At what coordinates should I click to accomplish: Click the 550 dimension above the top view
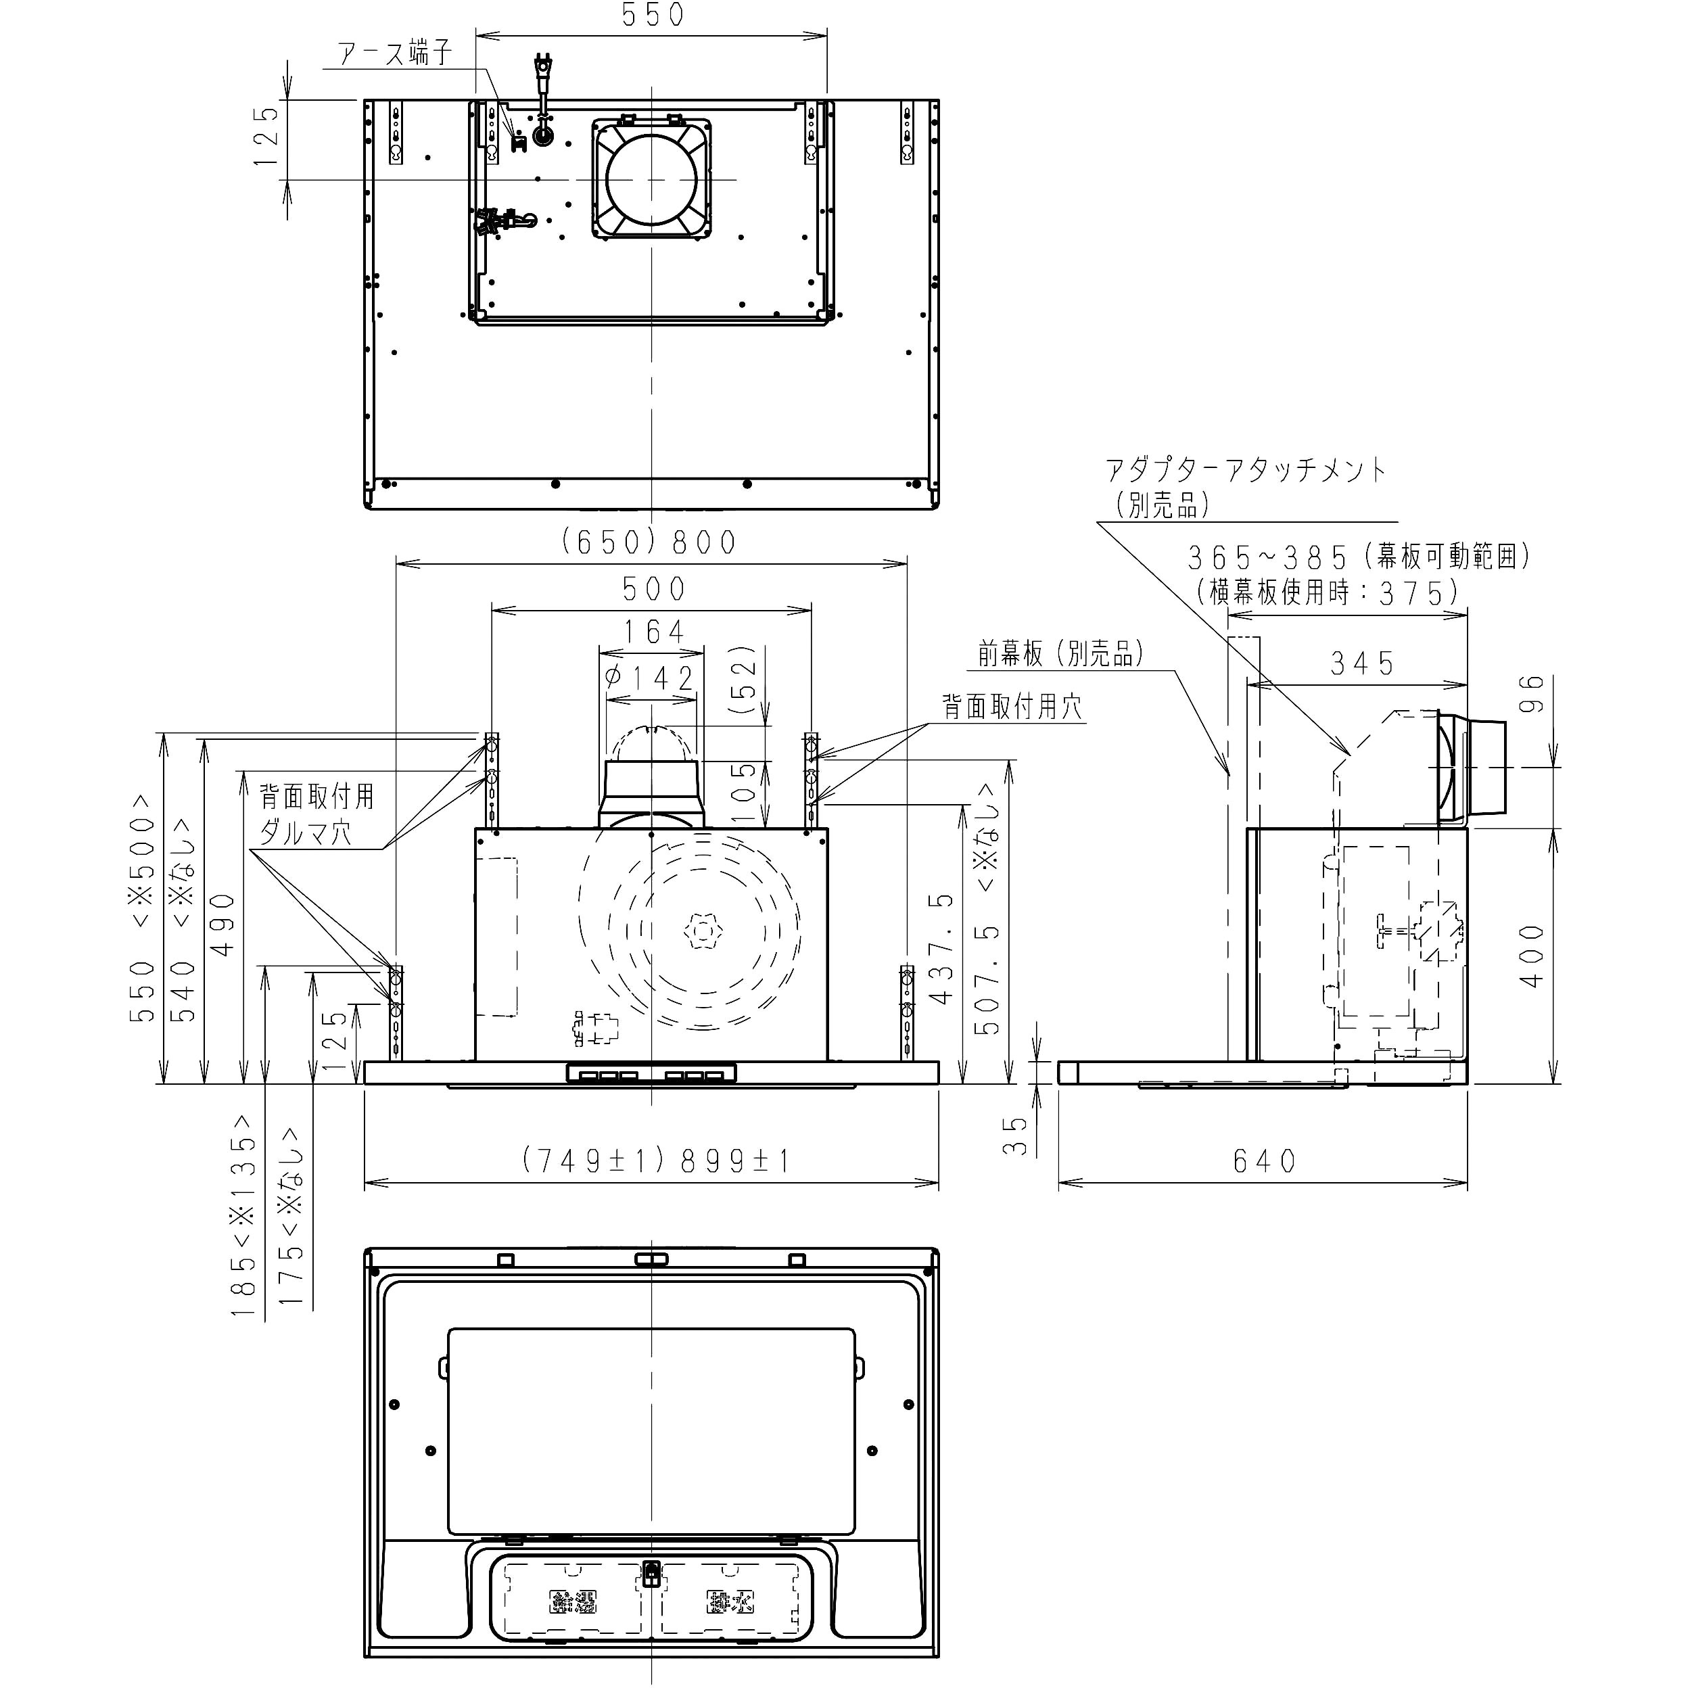click(x=653, y=16)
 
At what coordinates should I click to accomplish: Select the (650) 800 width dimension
click(x=649, y=542)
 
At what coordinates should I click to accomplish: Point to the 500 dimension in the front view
click(x=653, y=589)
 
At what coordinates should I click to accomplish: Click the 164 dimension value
click(x=653, y=632)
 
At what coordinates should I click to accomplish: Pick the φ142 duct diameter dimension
click(x=651, y=678)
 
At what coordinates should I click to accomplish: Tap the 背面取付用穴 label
click(x=1012, y=707)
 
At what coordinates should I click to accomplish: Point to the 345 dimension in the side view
click(x=1361, y=665)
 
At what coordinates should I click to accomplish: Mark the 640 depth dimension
click(x=1264, y=1161)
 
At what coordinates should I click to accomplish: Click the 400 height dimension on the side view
click(x=1532, y=957)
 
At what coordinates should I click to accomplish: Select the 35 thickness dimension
click(x=1014, y=1135)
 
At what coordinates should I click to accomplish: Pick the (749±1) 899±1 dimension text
click(x=656, y=1161)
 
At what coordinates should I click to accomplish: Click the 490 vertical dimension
click(x=225, y=924)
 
